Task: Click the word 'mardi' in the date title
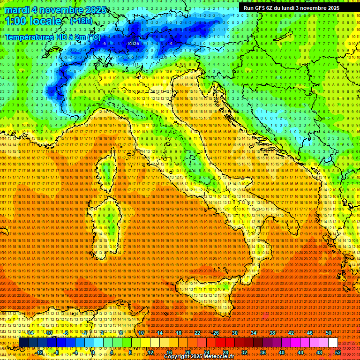17,9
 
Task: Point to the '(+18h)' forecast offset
81,21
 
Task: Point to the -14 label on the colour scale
30,333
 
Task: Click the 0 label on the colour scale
93,352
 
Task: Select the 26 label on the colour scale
216,333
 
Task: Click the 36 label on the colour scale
262,352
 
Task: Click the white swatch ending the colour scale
333,343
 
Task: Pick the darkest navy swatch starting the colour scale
23,343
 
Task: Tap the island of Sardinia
104,225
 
